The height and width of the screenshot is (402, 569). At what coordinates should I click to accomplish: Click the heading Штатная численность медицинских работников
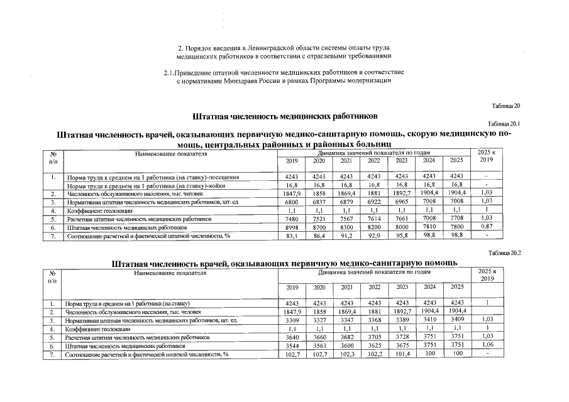tap(284, 116)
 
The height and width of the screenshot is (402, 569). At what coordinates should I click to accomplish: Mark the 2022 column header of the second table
tap(374, 287)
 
